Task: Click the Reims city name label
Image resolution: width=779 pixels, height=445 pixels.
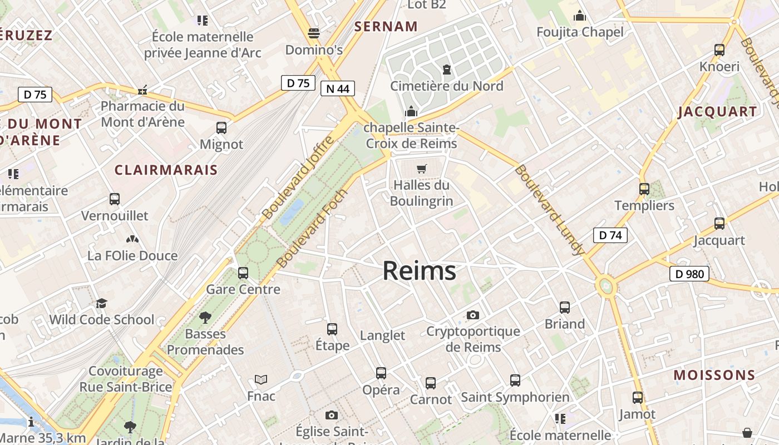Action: point(420,271)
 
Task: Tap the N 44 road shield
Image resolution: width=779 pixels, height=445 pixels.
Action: point(338,88)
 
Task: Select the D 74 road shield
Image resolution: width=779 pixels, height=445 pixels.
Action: point(610,235)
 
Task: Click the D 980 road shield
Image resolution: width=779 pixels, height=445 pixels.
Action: point(689,274)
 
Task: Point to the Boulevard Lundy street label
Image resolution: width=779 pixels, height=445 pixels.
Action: point(549,210)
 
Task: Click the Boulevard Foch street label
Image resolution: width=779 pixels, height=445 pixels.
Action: point(312,228)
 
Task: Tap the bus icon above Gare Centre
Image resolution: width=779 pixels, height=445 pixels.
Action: point(243,273)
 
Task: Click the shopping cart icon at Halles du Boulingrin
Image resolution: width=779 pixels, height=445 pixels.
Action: point(422,169)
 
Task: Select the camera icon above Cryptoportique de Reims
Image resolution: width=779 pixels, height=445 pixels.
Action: point(472,315)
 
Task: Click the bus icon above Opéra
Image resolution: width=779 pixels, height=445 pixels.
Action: point(381,373)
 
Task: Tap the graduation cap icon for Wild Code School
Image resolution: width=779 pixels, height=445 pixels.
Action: point(101,303)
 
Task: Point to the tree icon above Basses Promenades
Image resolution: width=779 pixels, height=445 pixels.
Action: point(205,318)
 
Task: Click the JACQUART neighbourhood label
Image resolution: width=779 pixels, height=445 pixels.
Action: point(717,111)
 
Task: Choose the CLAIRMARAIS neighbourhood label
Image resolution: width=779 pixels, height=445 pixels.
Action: point(166,170)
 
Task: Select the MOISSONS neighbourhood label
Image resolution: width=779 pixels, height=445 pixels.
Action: point(714,375)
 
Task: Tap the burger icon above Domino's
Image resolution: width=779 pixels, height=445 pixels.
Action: point(314,33)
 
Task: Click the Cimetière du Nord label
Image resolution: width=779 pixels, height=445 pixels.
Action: point(446,86)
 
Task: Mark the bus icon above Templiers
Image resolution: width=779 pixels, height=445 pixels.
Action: point(644,189)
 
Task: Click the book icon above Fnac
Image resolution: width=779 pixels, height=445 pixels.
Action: point(261,380)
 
